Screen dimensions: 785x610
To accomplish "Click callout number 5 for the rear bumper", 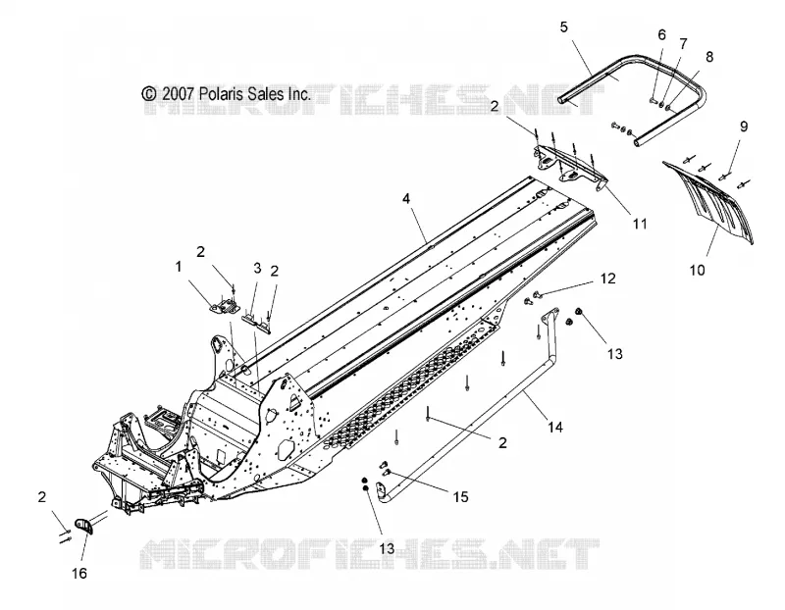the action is click(564, 27).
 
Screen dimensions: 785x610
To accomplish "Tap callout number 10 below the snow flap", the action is click(697, 271).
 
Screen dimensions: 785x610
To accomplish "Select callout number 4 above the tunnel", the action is click(406, 199).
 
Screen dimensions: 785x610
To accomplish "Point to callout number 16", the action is click(79, 573).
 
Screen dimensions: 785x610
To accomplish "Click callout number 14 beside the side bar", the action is click(554, 427).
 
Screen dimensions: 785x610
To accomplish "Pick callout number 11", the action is click(640, 224).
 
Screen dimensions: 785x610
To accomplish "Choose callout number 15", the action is click(460, 496).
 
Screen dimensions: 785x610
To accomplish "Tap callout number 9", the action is click(744, 127).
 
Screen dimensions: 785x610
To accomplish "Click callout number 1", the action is click(179, 267).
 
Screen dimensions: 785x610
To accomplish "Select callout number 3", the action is click(257, 268).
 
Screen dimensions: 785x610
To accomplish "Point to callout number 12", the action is click(607, 279).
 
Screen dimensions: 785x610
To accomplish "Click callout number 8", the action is click(709, 57).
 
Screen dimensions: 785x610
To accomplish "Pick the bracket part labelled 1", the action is click(225, 305).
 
